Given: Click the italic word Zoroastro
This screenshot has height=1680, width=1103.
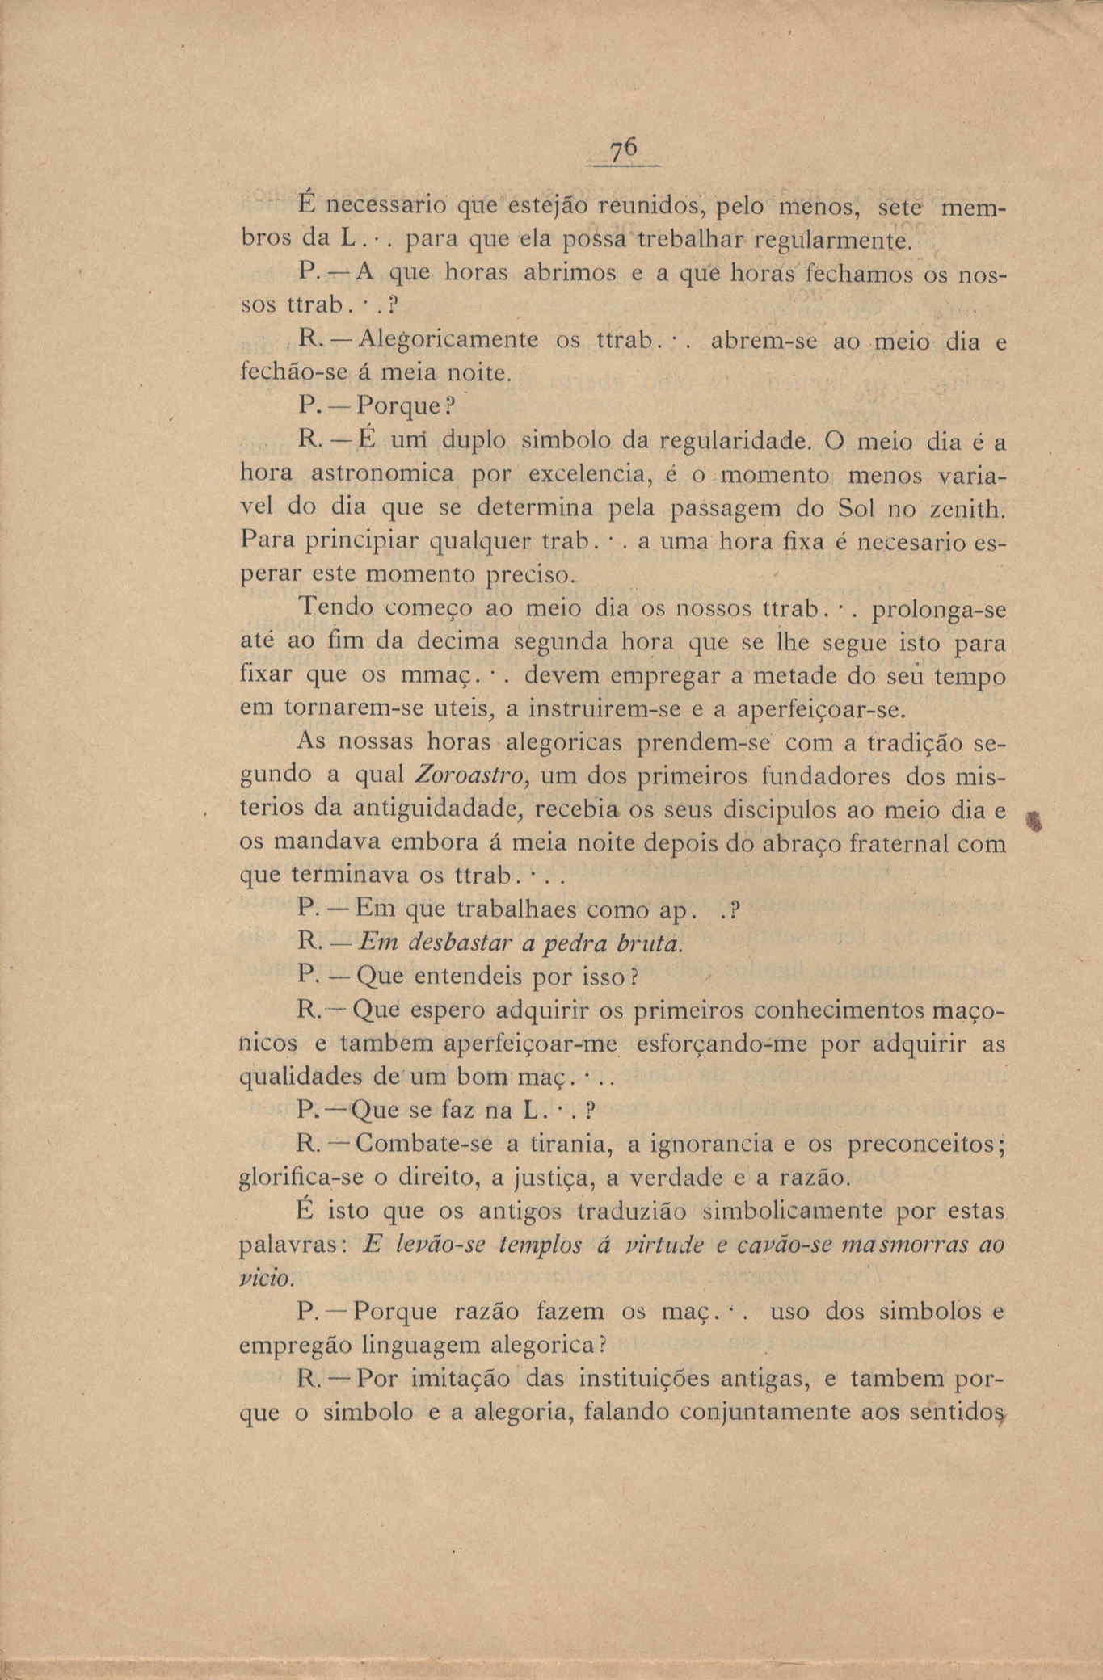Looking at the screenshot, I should point(471,775).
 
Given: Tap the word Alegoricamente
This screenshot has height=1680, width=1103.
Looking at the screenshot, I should point(447,339).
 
